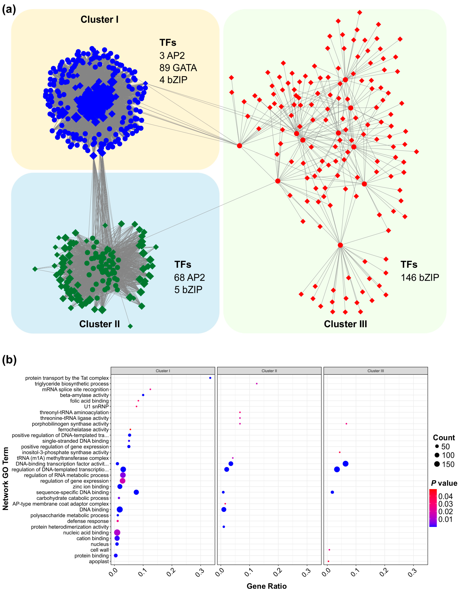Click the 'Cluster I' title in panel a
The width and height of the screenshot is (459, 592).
click(99, 19)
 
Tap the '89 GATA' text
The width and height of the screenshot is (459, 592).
click(178, 68)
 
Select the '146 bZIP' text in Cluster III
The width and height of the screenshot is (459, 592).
click(420, 278)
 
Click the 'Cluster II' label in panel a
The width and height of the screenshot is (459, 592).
click(99, 324)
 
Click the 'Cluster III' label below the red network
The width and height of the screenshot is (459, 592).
click(345, 324)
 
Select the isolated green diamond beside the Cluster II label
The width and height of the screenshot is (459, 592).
click(130, 326)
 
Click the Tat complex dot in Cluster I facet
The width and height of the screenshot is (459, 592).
click(210, 378)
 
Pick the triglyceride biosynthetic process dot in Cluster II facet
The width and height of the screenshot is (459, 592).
click(257, 383)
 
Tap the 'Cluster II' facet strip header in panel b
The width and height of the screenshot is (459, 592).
click(269, 371)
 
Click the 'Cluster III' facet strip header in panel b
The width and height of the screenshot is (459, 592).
click(376, 371)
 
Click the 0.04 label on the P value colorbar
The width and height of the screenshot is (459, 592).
click(445, 496)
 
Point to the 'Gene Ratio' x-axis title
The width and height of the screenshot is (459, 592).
click(266, 586)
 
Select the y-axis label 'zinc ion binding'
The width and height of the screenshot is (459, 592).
click(91, 487)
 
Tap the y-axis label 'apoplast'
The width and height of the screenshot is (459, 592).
click(99, 561)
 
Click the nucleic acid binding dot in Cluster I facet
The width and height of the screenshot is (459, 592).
click(117, 533)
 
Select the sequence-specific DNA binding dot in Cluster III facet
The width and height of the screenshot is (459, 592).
click(332, 492)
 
